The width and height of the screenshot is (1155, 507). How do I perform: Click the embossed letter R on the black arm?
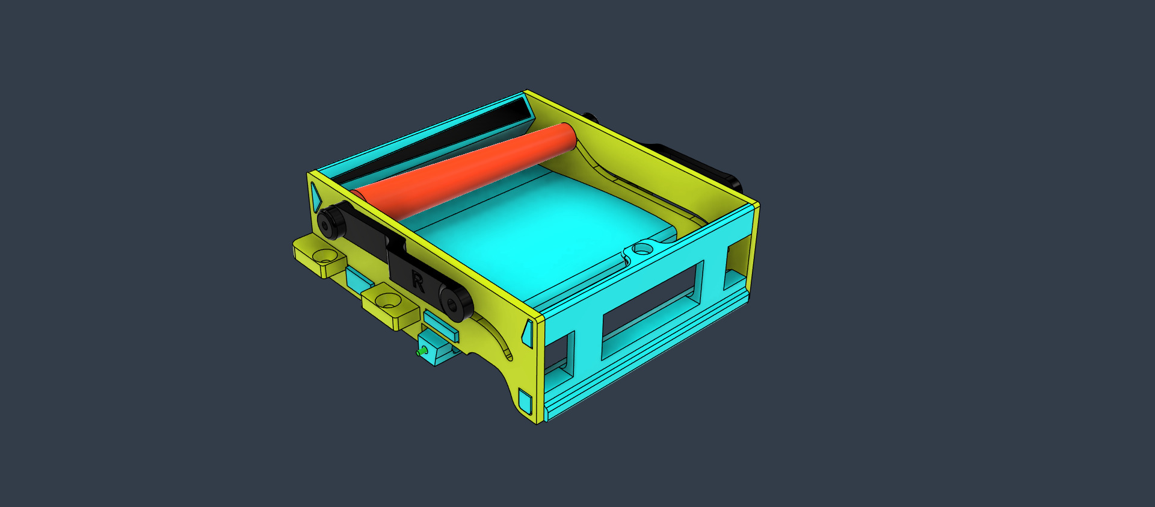click(417, 281)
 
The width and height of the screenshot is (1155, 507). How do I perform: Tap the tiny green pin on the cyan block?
click(422, 350)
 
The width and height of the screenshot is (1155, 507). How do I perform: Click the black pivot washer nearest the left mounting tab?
click(330, 221)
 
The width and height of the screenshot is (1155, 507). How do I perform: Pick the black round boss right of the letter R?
click(455, 301)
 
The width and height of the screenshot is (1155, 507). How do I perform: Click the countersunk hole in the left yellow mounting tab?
click(324, 256)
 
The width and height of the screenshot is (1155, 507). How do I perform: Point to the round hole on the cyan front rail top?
click(642, 247)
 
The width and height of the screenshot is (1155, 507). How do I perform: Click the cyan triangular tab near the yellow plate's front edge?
click(527, 332)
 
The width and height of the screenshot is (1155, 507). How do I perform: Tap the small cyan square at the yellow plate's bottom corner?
click(525, 401)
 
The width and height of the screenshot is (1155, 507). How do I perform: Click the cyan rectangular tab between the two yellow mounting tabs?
click(359, 278)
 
